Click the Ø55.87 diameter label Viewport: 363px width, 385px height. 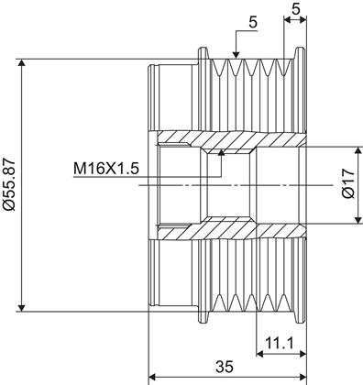point(9,184)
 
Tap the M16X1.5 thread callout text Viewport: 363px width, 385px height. point(106,169)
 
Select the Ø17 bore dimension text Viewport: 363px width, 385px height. point(349,184)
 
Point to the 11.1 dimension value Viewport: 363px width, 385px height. point(279,343)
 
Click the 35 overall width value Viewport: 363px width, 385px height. point(225,367)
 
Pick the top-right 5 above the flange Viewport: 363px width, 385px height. point(295,9)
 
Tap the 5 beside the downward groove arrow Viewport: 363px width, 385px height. point(253,22)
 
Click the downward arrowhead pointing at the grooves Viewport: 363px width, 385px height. point(236,54)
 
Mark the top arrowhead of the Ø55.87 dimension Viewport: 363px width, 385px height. point(21,63)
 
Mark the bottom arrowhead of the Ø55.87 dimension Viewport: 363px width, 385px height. point(21,307)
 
